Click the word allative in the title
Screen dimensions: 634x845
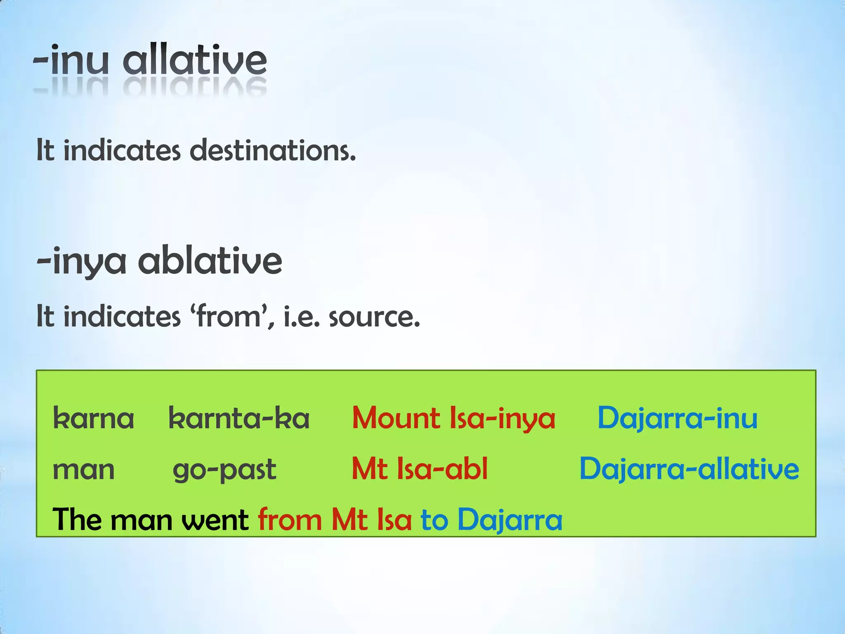click(195, 61)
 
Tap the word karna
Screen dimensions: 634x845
click(94, 419)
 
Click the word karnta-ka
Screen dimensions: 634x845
click(239, 419)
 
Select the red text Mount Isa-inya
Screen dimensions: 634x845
click(453, 419)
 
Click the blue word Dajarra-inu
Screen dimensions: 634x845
click(677, 419)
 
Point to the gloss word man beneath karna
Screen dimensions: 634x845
click(84, 470)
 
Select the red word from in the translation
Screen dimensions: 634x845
click(290, 520)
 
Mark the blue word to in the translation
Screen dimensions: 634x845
click(434, 520)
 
